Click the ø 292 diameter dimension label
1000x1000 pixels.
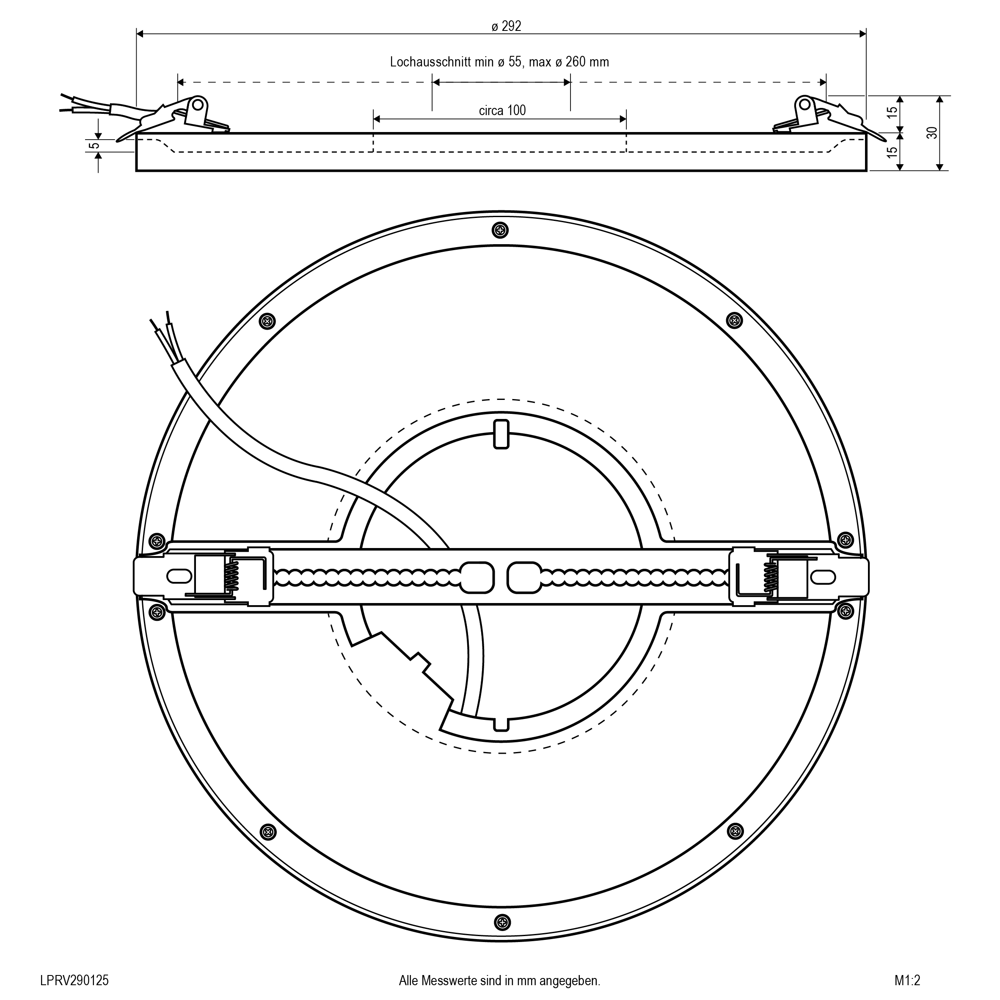[x=506, y=26]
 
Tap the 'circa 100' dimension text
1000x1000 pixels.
[x=502, y=110]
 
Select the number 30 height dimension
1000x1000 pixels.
[x=932, y=132]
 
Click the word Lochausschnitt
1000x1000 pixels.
[x=430, y=62]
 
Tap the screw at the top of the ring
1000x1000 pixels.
[x=501, y=230]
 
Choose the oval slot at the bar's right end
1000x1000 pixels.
[x=823, y=576]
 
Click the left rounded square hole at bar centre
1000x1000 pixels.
[x=477, y=577]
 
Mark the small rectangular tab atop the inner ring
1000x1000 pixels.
[x=501, y=434]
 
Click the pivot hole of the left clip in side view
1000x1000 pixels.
[x=197, y=105]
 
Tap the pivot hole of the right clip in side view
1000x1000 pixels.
[x=804, y=105]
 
